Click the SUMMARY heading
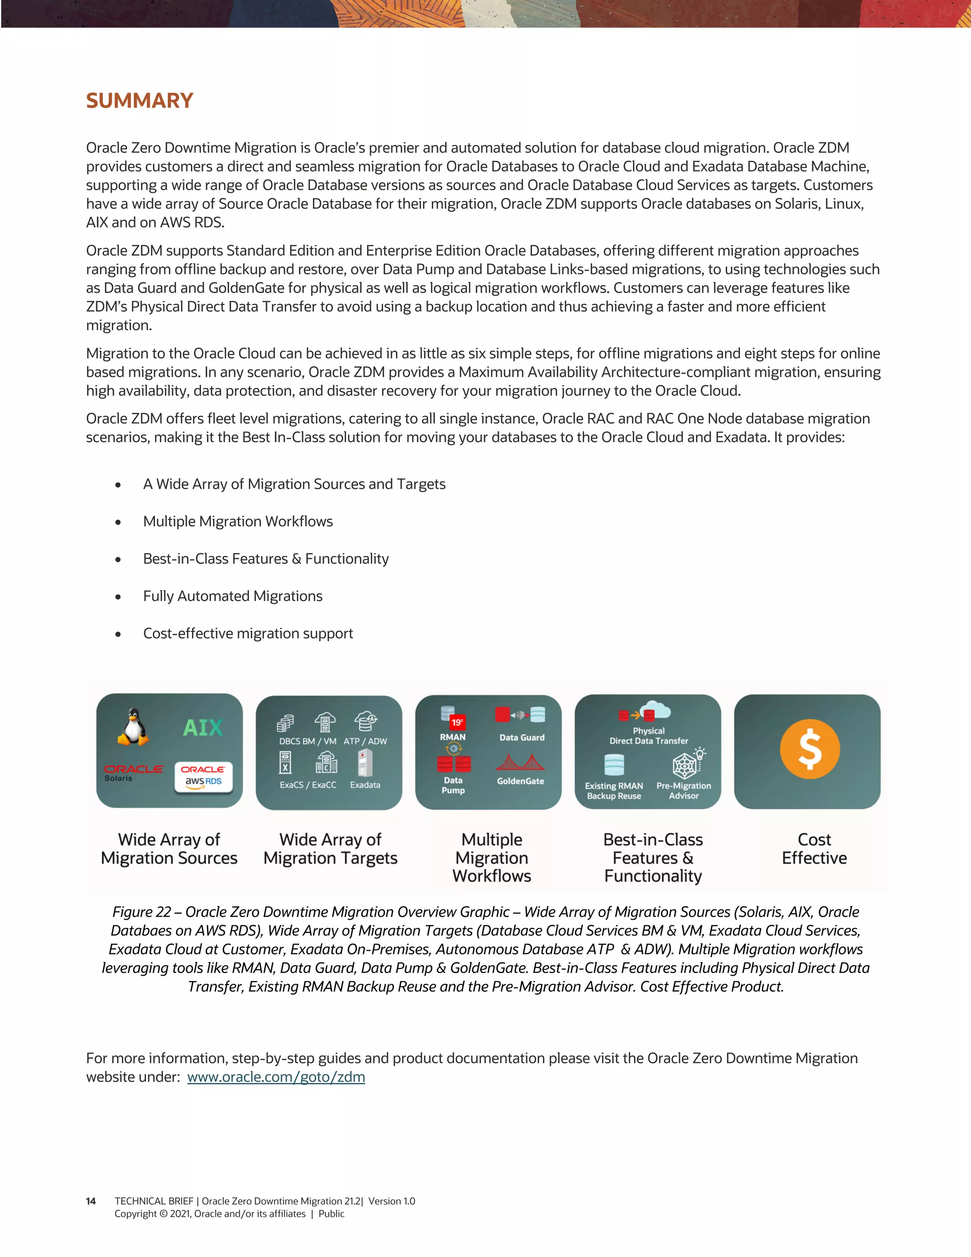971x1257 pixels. click(139, 101)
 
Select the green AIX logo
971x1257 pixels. click(202, 728)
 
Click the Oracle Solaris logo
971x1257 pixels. click(133, 772)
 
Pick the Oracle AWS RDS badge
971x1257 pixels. click(203, 776)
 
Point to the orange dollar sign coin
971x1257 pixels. click(809, 749)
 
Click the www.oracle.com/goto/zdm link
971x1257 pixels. click(276, 1077)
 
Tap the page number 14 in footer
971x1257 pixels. click(91, 1201)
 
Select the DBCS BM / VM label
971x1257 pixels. click(308, 741)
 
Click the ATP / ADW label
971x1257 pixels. click(365, 741)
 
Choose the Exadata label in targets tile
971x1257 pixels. click(365, 785)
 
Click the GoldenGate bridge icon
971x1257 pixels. click(520, 763)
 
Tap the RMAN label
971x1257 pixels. click(453, 737)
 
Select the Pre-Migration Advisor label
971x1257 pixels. click(683, 791)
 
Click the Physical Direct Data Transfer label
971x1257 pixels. click(649, 736)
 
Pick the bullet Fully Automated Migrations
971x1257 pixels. click(232, 596)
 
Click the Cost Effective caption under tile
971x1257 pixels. click(814, 849)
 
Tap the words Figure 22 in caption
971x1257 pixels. click(141, 912)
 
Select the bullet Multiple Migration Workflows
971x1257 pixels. click(238, 521)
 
